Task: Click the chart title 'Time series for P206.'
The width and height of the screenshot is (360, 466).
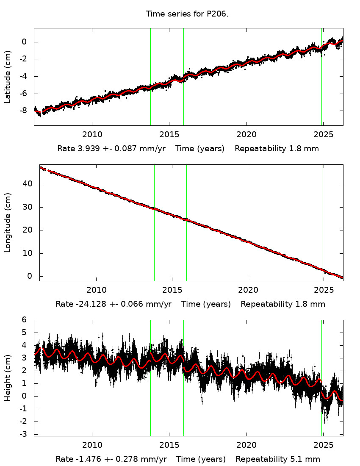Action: tap(187, 14)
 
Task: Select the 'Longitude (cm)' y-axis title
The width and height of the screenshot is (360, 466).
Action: tap(8, 222)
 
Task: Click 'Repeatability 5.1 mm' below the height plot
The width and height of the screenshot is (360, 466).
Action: tap(278, 459)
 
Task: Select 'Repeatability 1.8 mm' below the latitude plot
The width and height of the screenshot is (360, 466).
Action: tap(277, 149)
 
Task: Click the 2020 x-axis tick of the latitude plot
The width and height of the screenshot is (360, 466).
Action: tap(246, 135)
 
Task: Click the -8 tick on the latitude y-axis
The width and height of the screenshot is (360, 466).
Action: tap(24, 111)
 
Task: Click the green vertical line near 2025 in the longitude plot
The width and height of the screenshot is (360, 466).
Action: tap(322, 222)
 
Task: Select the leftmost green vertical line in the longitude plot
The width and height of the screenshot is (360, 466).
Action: tap(154, 222)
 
